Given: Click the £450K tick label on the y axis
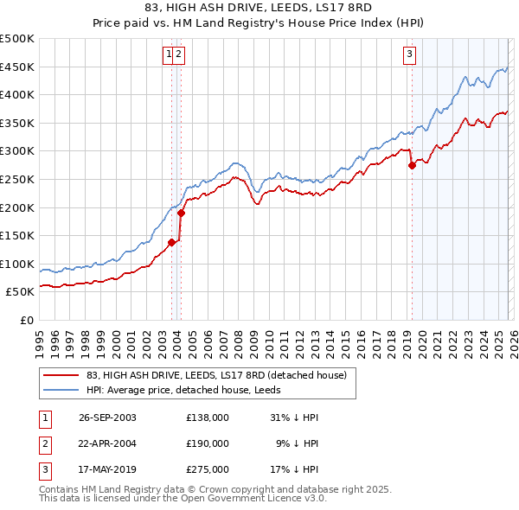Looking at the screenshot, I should point(17,67).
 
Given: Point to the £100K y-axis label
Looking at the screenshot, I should point(17,264).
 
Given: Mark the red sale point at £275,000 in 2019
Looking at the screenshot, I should point(412,165).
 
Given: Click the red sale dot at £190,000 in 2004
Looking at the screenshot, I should point(181,213).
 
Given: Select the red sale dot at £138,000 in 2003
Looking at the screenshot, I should point(172,242).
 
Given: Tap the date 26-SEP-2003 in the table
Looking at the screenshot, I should point(107,418).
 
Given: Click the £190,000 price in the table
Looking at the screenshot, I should point(207,443).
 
